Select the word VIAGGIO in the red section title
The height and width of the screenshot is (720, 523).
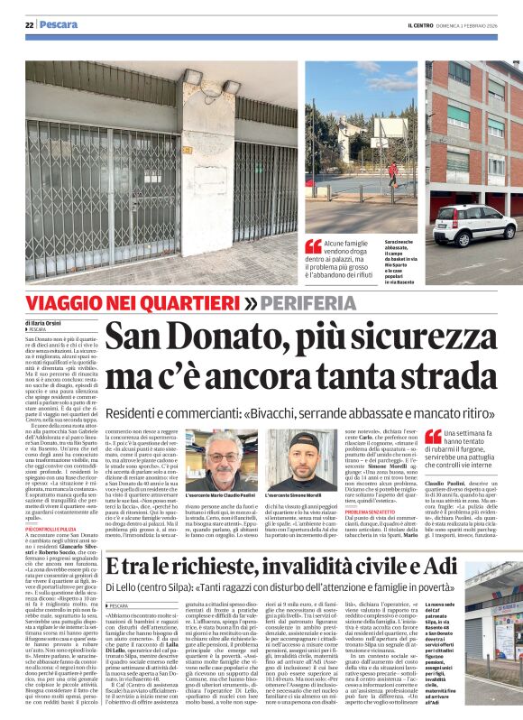67,302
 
